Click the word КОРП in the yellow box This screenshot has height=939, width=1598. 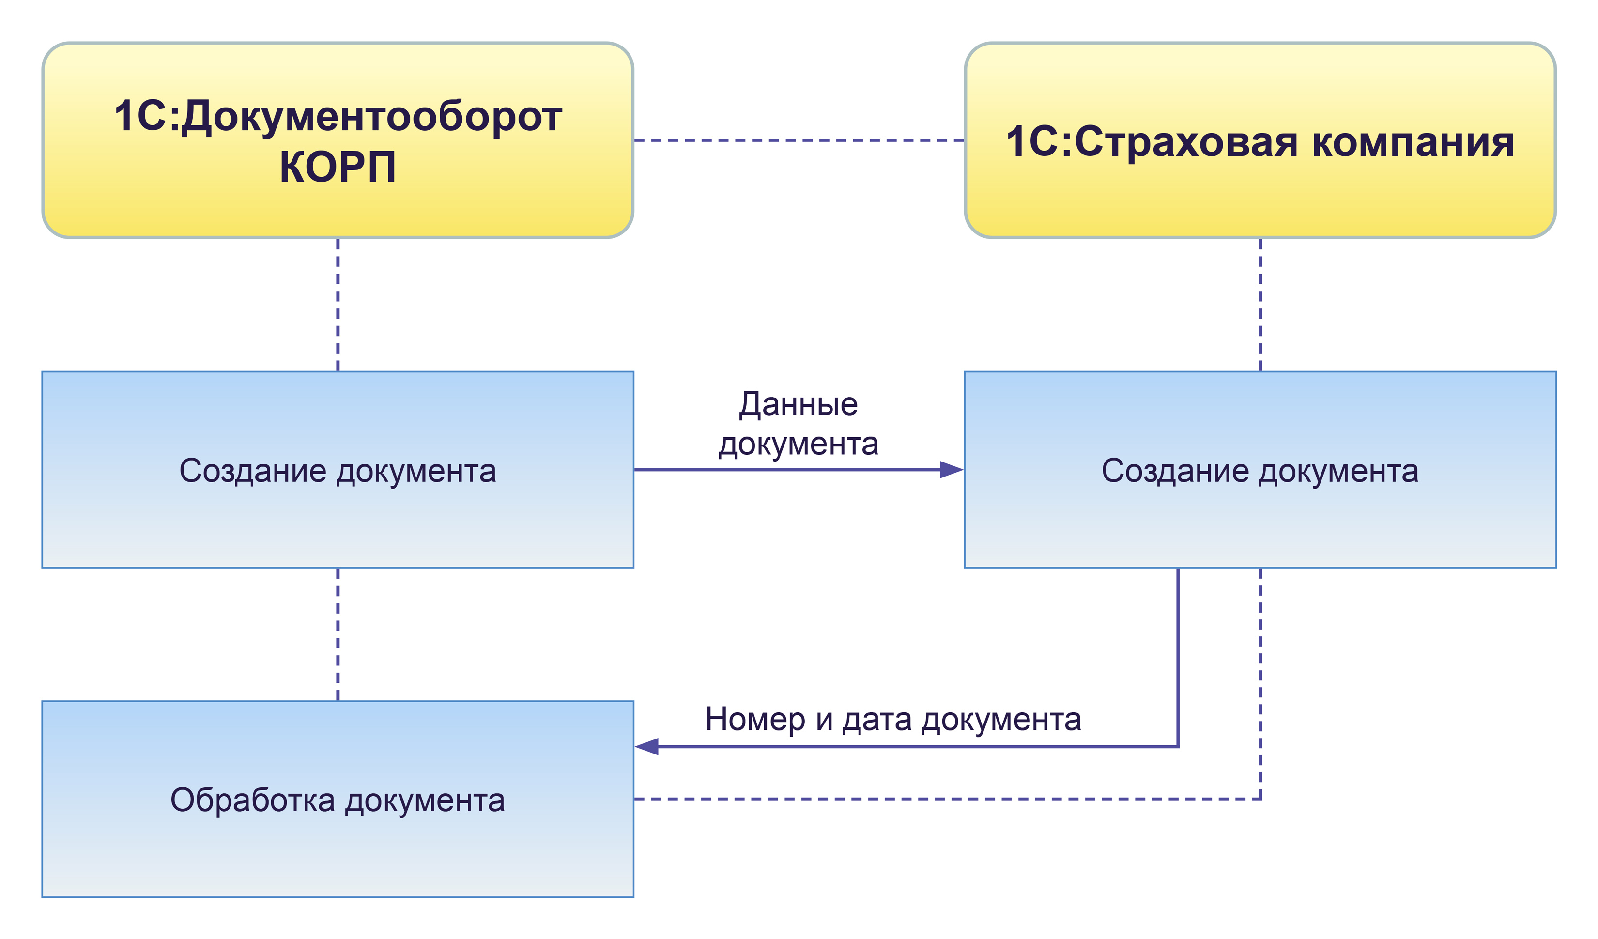pos(338,168)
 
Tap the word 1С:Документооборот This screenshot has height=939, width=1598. pos(338,117)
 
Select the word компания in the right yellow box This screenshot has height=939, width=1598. pos(1413,143)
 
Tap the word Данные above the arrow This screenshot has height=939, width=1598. pos(799,404)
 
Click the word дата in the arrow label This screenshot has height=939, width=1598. pos(877,720)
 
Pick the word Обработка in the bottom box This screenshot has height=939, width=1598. pos(252,800)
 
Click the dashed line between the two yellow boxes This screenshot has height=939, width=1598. pos(799,140)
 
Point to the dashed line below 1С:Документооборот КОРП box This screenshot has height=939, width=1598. pos(338,304)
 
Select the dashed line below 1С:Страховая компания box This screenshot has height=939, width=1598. pos(1260,304)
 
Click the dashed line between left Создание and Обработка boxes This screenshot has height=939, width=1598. pos(338,634)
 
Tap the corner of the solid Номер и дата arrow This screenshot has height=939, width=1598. pos(1178,747)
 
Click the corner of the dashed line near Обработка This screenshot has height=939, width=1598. pos(1260,799)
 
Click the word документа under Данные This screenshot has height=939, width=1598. pos(799,445)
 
